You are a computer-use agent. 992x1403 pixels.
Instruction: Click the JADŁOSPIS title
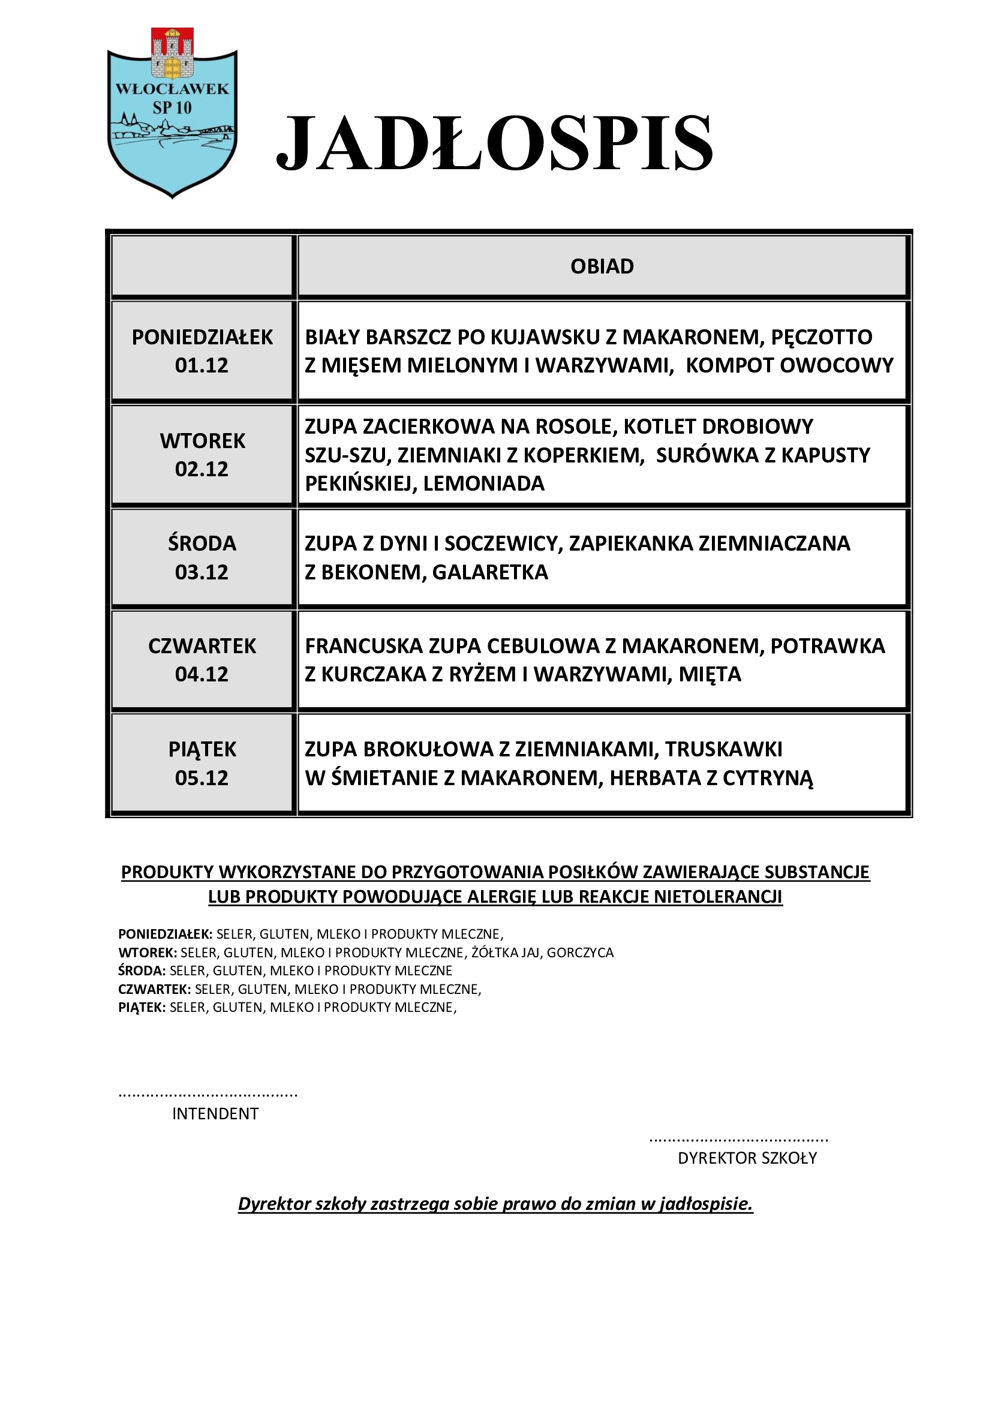click(x=494, y=143)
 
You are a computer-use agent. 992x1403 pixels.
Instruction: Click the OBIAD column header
click(x=602, y=266)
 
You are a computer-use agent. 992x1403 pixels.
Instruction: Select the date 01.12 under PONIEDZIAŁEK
click(x=202, y=365)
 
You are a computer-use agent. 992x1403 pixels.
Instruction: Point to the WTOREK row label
click(x=202, y=441)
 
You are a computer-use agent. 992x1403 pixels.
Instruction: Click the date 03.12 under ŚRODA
click(x=202, y=573)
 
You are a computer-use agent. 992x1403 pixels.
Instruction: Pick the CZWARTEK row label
click(x=202, y=646)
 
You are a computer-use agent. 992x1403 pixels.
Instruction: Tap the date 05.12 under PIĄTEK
click(x=202, y=778)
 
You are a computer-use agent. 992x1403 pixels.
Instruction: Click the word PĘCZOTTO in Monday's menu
click(x=822, y=337)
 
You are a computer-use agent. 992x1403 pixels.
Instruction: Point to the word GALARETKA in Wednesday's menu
click(x=490, y=573)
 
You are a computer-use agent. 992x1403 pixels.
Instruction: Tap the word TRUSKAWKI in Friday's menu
click(x=723, y=749)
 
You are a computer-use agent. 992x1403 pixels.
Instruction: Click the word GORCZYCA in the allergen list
click(x=580, y=953)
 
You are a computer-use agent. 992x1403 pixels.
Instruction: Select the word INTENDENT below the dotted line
click(x=215, y=1114)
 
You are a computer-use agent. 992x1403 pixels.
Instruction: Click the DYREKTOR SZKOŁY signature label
click(x=747, y=1158)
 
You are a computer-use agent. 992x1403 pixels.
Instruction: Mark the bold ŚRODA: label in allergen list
click(x=142, y=971)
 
